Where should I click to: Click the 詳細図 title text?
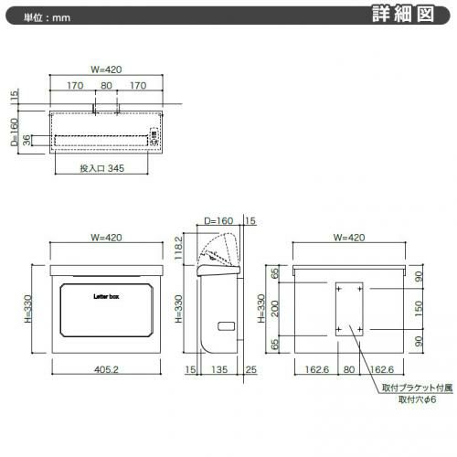[x=403, y=14]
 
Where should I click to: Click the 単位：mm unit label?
[x=48, y=17]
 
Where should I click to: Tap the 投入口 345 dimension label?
[x=102, y=168]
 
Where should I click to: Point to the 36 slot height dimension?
[x=27, y=140]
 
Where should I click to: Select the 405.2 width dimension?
[x=106, y=369]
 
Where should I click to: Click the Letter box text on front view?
[x=106, y=296]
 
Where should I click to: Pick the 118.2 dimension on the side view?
[x=178, y=248]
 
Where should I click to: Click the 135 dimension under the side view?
[x=219, y=369]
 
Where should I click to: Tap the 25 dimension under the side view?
[x=251, y=369]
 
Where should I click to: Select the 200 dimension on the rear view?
[x=275, y=309]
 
